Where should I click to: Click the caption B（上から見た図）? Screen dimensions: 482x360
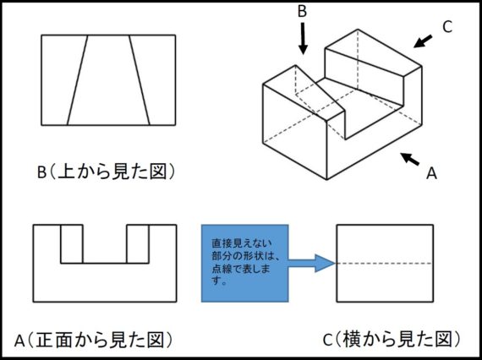coord(107,172)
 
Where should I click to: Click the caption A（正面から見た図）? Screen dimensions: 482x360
coord(94,340)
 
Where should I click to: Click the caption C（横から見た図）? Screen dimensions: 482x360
coord(392,340)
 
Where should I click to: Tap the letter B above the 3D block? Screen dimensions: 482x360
coord(302,11)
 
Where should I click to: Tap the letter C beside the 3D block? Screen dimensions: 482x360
coord(447,27)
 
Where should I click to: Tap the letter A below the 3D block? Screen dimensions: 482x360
coord(431,173)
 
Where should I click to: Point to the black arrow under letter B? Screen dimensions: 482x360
coord(303,38)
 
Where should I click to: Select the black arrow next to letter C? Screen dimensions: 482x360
coord(423,41)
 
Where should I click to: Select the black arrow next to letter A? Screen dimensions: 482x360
coord(409,159)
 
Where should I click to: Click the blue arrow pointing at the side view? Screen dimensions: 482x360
coord(311,264)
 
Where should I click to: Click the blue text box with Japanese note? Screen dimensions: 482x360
coord(244,264)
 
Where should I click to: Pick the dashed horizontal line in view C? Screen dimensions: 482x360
coord(385,264)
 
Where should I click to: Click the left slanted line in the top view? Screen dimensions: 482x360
coord(78,80)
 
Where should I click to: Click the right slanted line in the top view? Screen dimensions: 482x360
coord(140,80)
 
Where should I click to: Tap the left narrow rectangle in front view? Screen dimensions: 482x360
coord(72,244)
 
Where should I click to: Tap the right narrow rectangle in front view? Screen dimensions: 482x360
coord(138,244)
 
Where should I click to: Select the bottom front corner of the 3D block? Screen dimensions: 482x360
coord(326,179)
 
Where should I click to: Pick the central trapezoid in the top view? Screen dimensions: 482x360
coord(108,80)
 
